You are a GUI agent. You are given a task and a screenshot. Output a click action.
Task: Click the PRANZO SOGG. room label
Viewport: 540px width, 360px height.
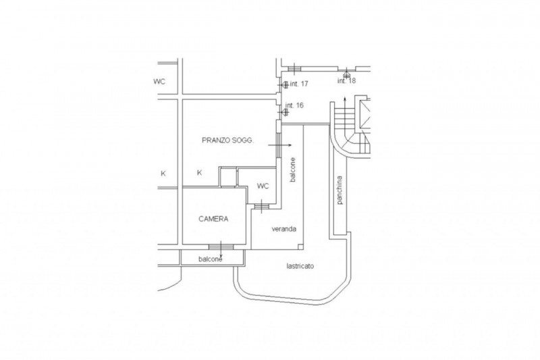pos(227,140)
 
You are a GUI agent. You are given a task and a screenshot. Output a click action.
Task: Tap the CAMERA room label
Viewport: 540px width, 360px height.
pos(213,219)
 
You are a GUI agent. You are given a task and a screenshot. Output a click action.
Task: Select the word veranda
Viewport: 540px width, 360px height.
pos(284,229)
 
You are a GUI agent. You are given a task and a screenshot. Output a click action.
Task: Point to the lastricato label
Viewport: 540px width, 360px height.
pos(300,266)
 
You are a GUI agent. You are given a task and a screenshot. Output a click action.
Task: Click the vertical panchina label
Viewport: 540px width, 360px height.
pos(340,190)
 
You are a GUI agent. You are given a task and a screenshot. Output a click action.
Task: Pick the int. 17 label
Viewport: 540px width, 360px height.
pos(299,84)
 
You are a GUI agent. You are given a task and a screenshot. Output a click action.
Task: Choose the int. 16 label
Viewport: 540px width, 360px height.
pos(294,105)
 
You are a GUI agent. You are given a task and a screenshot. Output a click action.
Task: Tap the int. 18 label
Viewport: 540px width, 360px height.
pos(346,81)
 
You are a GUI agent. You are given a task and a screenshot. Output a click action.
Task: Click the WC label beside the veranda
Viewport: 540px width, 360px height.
pos(263,186)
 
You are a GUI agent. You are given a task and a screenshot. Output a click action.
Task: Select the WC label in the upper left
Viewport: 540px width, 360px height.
pos(159,82)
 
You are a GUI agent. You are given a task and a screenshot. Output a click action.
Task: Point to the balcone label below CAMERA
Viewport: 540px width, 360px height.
pos(210,259)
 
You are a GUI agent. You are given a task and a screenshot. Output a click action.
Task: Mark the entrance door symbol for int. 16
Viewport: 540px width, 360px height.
pos(284,111)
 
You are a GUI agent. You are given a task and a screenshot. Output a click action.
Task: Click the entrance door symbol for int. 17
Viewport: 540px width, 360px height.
pos(284,84)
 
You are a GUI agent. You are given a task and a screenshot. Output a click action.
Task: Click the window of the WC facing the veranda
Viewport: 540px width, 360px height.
pos(262,206)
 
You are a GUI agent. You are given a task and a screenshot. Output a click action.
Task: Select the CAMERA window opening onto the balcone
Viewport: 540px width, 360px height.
pos(221,247)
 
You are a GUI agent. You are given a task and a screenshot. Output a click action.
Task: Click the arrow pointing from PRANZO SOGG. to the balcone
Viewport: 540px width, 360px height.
pos(280,145)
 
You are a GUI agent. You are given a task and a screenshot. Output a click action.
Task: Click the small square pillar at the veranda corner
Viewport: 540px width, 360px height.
pos(300,247)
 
